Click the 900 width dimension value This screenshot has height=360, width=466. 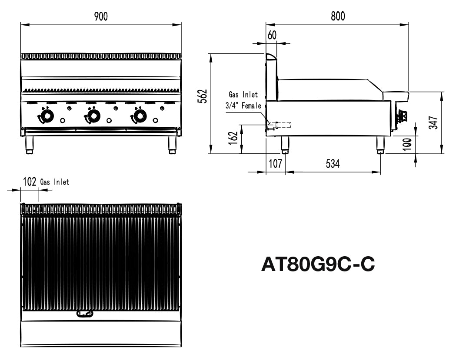point(101,17)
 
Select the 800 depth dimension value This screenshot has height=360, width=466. point(337,17)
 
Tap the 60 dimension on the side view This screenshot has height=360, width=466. point(272,36)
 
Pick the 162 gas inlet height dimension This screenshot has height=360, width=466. point(233,138)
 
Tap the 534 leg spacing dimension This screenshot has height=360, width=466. point(333,164)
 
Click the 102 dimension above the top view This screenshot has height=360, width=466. point(30,182)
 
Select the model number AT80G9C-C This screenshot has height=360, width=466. point(318,264)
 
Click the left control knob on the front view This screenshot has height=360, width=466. point(45,116)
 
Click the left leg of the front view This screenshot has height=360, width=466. point(30,145)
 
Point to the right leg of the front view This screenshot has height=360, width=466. point(172,145)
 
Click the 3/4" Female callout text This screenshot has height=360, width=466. point(243,105)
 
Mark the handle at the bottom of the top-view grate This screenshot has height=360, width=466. point(85,314)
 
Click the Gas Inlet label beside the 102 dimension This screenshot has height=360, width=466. point(55,182)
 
